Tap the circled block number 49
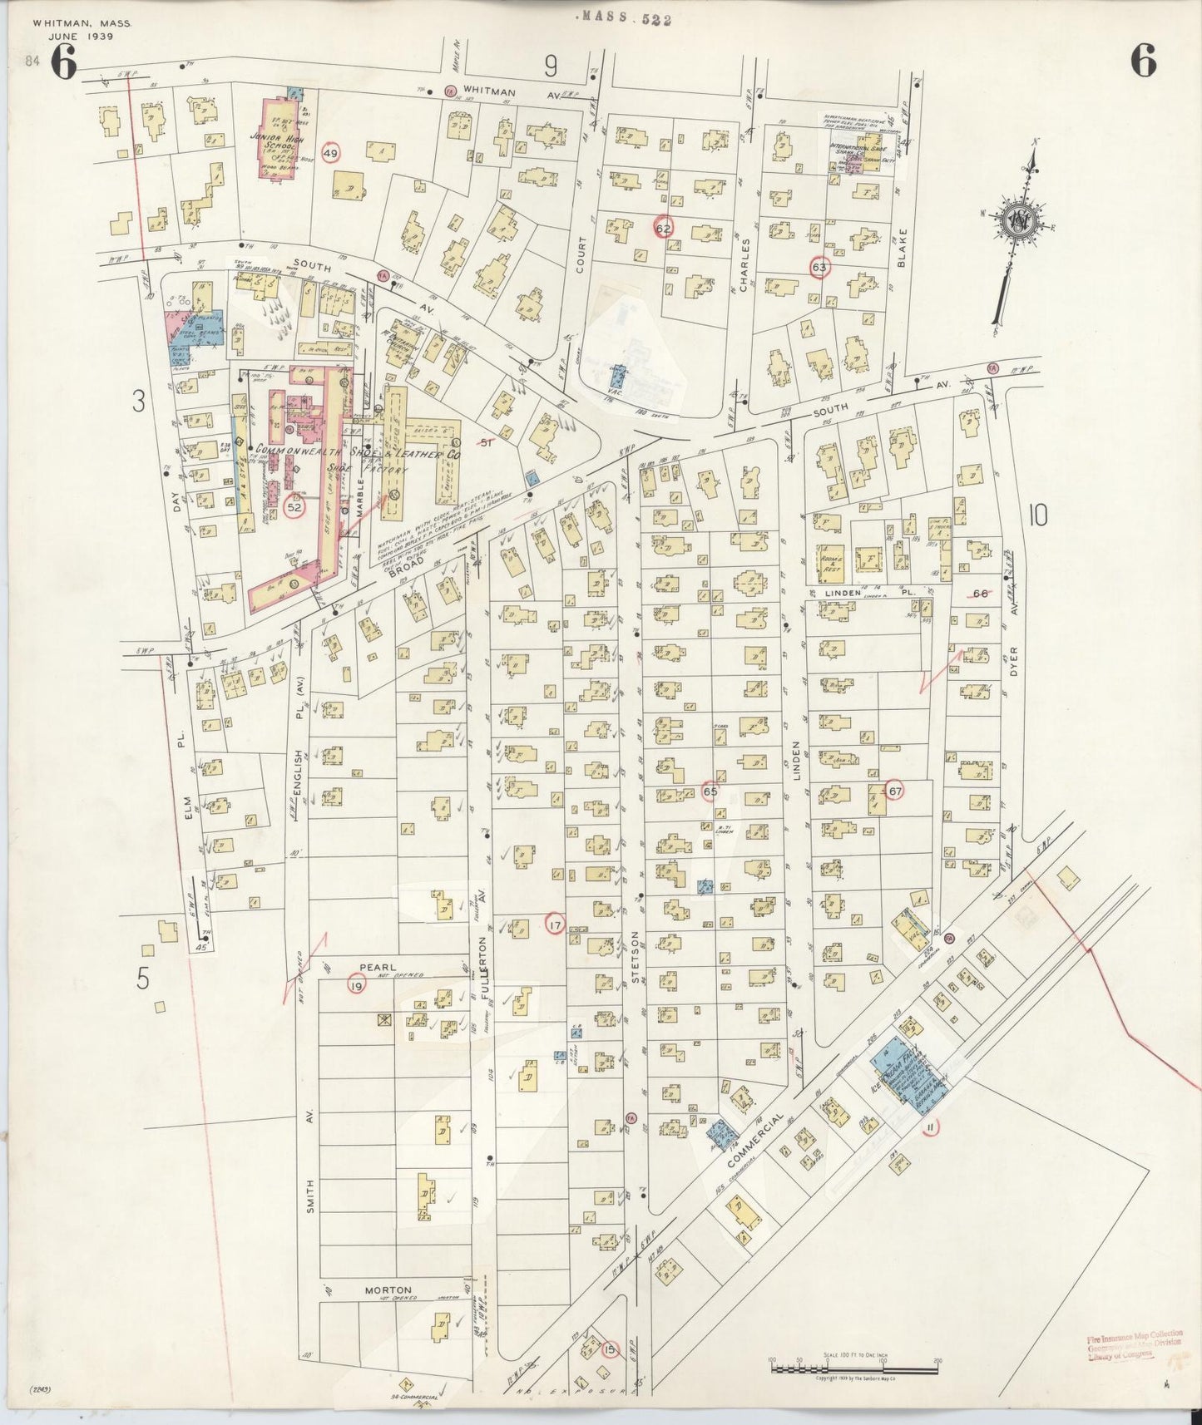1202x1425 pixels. (332, 154)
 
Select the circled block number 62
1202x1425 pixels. (663, 229)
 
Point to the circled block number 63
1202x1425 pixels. (819, 267)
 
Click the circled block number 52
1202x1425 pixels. (294, 506)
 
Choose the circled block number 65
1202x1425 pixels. (710, 791)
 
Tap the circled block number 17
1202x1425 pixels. (555, 923)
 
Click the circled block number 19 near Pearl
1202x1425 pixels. (356, 986)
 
